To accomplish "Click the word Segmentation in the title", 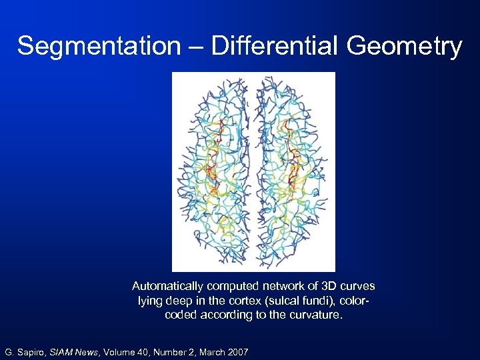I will click(98, 46).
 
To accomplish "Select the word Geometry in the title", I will click(404, 46).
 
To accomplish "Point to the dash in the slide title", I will click(194, 47).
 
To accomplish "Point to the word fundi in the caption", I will click(313, 301).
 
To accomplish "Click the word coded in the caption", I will click(180, 315).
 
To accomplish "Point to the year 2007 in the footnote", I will click(236, 351).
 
